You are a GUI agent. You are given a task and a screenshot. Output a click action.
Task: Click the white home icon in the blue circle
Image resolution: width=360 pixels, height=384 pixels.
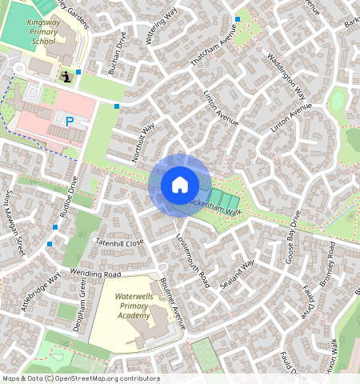180,185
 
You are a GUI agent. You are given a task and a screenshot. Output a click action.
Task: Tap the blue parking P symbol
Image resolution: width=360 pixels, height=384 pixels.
70,122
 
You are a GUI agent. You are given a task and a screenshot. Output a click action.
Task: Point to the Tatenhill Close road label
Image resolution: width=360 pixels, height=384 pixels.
119,241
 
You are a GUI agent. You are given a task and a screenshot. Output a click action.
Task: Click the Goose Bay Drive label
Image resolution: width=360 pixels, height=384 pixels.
292,238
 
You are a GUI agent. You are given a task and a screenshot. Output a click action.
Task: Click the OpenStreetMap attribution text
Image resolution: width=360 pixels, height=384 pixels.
80,378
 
